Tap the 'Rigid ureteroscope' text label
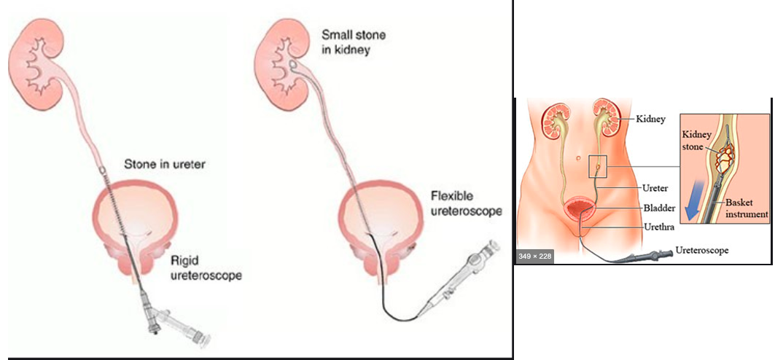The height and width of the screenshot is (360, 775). point(206,267)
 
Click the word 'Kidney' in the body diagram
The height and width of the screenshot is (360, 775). point(650,119)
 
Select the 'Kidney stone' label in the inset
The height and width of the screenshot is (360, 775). point(696,141)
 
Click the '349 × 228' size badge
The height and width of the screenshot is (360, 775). point(535,256)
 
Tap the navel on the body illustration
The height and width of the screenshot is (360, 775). point(578,157)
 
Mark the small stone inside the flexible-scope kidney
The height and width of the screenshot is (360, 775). point(292,66)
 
